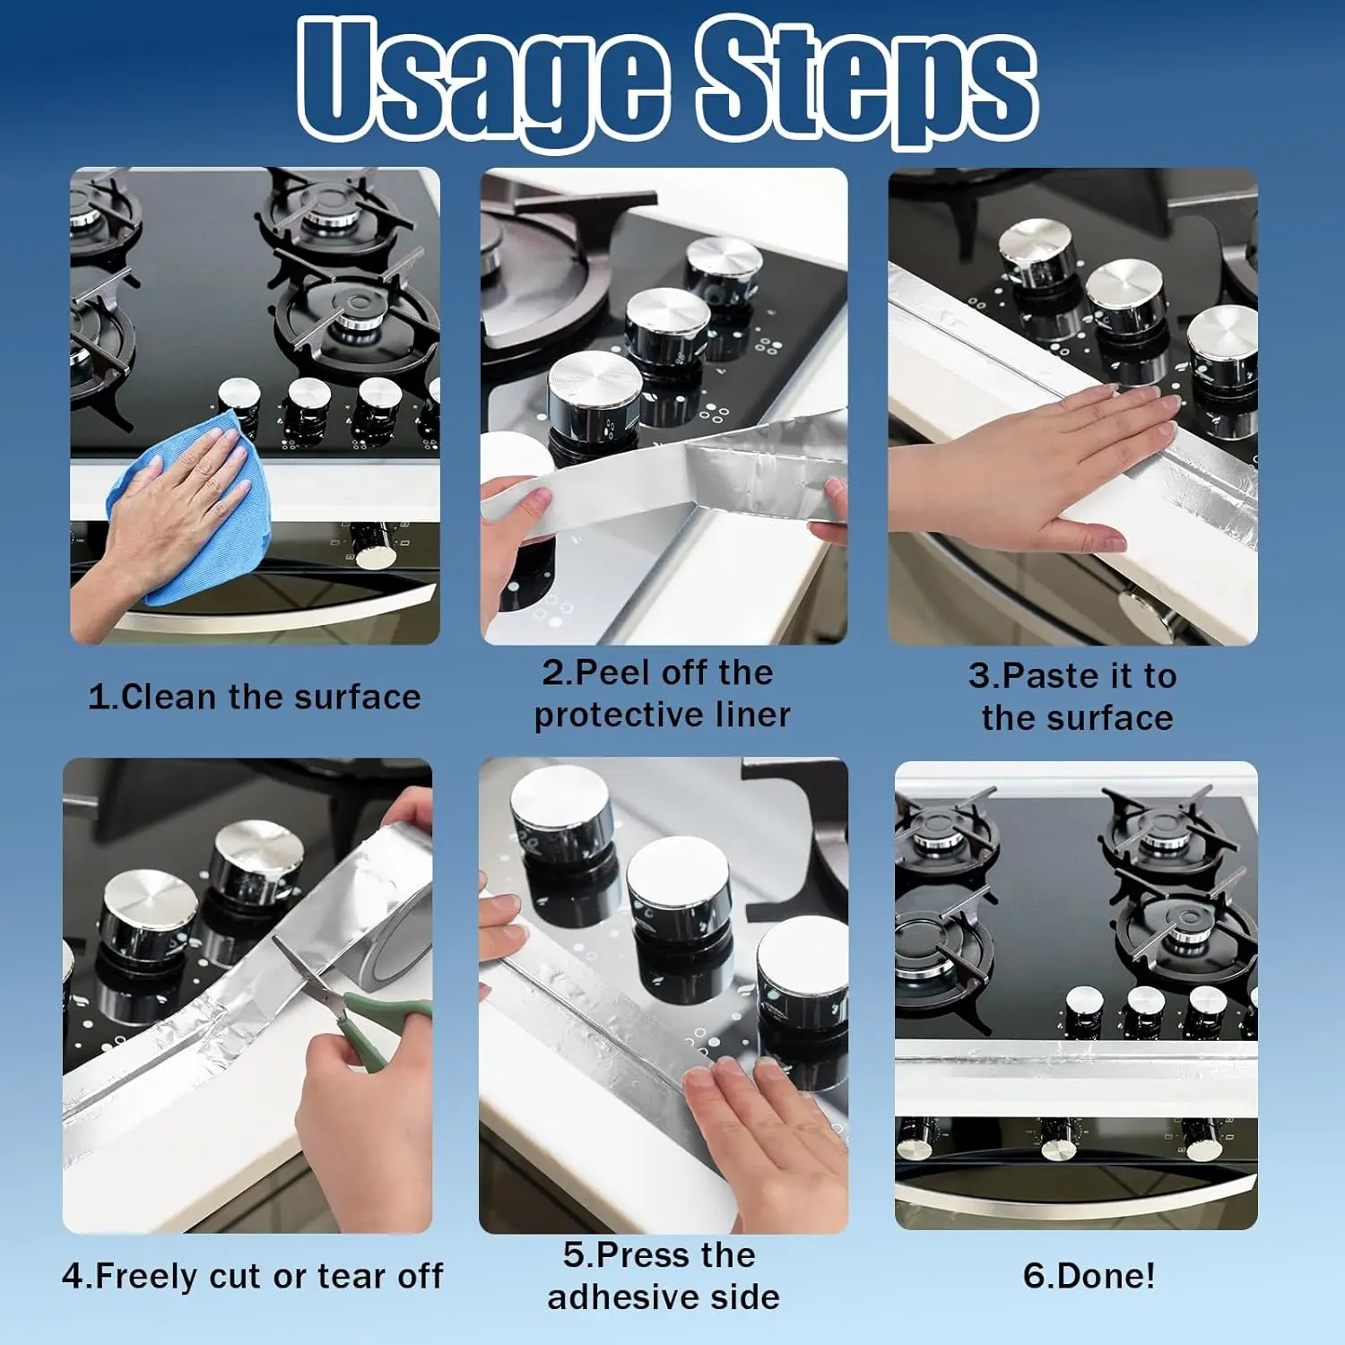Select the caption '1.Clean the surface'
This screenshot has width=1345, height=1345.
255,697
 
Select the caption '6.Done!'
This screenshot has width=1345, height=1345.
1089,1276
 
